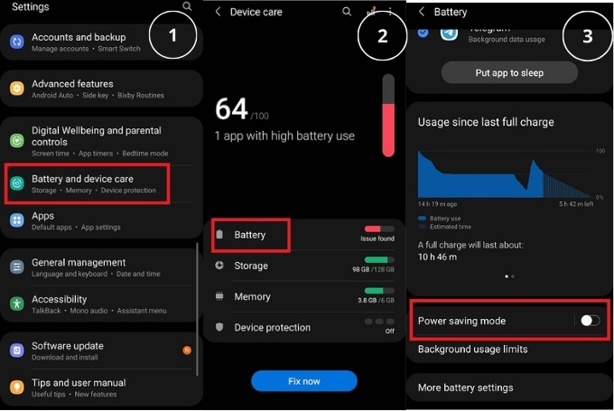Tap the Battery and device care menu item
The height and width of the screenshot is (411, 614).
pyautogui.click(x=82, y=179)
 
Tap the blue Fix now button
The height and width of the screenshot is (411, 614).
pyautogui.click(x=303, y=381)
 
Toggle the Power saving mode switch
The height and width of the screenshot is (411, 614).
pyautogui.click(x=590, y=321)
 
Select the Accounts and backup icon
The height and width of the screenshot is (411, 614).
pyautogui.click(x=16, y=42)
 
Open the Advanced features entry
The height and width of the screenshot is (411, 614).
pyautogui.click(x=72, y=84)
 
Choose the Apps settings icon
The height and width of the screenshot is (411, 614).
pyautogui.click(x=16, y=220)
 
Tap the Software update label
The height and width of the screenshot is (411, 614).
pyautogui.click(x=68, y=346)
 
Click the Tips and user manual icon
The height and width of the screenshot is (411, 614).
pyautogui.click(x=16, y=387)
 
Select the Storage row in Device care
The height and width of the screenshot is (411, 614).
pyautogui.click(x=251, y=266)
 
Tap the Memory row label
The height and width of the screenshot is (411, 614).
pyautogui.click(x=252, y=296)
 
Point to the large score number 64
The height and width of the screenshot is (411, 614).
pyautogui.click(x=231, y=109)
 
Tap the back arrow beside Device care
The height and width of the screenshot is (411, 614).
pyautogui.click(x=218, y=12)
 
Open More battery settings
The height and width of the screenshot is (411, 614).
pyautogui.click(x=465, y=388)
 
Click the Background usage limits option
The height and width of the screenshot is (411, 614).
pyautogui.click(x=472, y=349)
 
